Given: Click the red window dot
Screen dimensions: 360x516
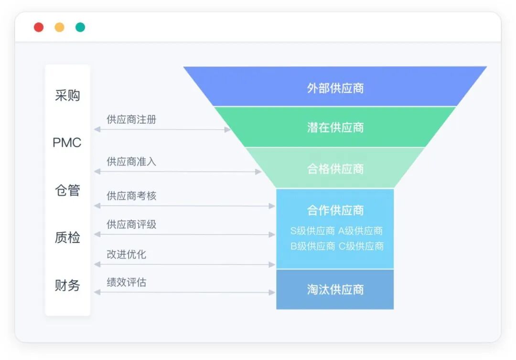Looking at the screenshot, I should coord(39,27).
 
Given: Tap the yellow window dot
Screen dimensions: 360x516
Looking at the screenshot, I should coord(59,27).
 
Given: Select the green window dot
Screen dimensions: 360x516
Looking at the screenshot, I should coord(80,27).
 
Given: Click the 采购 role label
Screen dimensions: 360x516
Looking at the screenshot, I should coord(67,96).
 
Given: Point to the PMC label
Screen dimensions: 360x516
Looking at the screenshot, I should coord(67,142).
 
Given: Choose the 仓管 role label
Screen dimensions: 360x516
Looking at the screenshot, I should coord(67,190).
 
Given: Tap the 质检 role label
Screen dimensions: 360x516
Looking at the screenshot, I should coord(67,238).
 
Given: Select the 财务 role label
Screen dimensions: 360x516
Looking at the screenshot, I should coord(67,285).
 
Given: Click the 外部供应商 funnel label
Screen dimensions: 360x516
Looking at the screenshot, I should coord(335,88).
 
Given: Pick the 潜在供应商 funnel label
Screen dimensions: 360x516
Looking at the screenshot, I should coord(335,127).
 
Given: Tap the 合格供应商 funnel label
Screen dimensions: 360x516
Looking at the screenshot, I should coord(335,169).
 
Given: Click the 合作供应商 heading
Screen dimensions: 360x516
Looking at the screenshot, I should coord(335,210).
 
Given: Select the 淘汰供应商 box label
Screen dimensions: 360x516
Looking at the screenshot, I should coord(335,290).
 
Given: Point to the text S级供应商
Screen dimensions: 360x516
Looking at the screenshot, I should coord(312,231).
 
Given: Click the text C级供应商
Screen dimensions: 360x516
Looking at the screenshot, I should coord(361,246).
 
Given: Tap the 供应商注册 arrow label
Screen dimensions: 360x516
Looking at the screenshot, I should coord(131,120).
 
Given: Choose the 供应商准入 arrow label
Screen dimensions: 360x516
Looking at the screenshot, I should coord(131,162).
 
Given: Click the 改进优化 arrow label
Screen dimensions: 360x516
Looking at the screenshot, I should coord(126,254).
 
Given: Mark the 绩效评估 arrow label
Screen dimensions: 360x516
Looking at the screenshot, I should coord(126,283).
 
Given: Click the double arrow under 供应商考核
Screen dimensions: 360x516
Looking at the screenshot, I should coord(184,206).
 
